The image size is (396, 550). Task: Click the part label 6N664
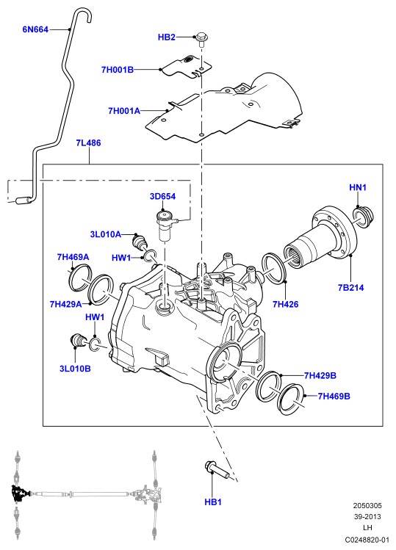[x=35, y=29]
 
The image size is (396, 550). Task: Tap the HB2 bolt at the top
[x=201, y=40]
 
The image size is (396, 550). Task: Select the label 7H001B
[x=118, y=70]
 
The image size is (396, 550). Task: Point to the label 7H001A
[x=124, y=111]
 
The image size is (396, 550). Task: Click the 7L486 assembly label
[x=88, y=142]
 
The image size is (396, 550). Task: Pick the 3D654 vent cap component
[x=166, y=225]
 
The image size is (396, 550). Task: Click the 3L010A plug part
[x=140, y=242]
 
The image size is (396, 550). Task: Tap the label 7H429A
[x=65, y=304]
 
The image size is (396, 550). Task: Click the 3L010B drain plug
[x=78, y=340]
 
